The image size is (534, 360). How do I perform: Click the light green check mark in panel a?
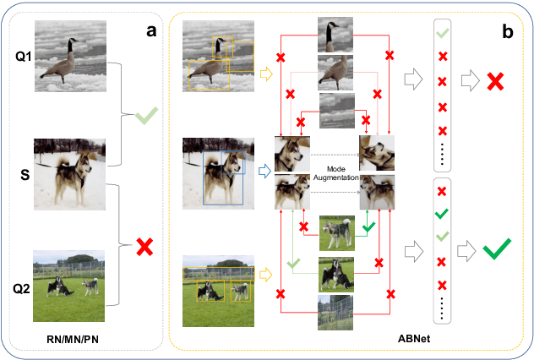pos(146,115)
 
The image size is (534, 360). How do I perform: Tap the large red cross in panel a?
pos(146,247)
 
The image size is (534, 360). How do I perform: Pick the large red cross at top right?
pos(494,81)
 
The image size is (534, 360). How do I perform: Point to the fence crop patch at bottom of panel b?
pos(335,312)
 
